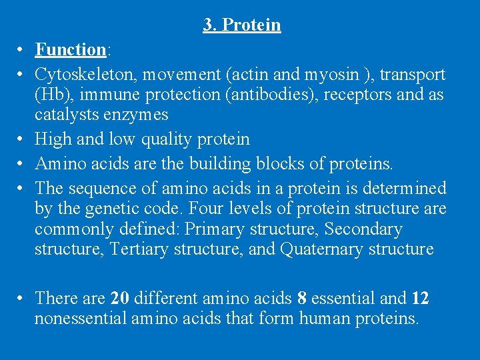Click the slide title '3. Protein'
[242, 25]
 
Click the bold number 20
[120, 297]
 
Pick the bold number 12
[420, 297]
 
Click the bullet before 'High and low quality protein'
[22, 140]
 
